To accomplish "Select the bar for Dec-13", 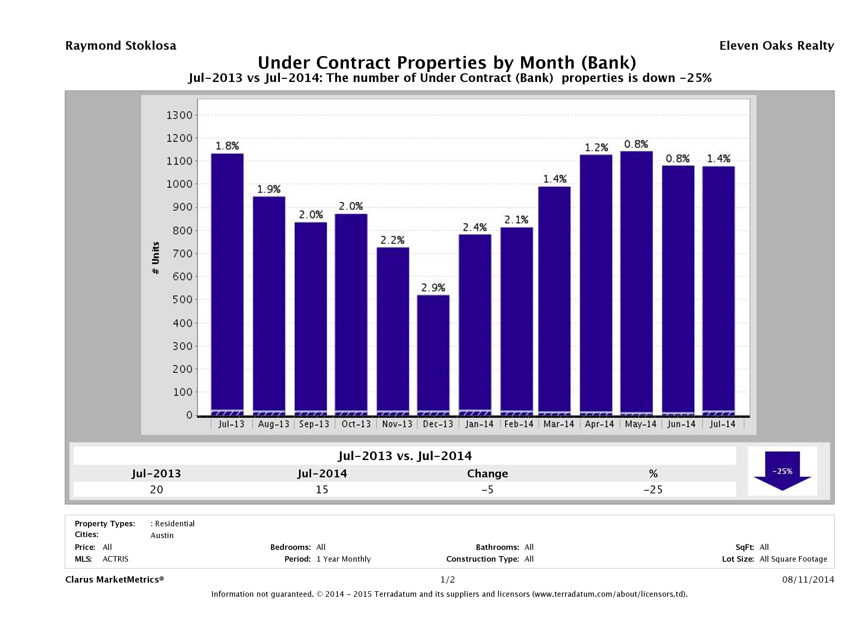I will [433, 355].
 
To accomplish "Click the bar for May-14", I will [636, 283].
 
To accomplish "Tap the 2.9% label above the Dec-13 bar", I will [433, 288].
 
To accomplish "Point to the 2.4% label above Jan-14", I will [475, 228].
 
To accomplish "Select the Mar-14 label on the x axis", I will [559, 424].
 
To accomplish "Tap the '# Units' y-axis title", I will [156, 258].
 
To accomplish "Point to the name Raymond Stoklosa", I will [121, 46].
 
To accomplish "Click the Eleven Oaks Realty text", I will [776, 46].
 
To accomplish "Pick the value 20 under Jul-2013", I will [157, 489].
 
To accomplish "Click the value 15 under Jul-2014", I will [322, 489].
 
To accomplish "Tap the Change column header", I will [488, 474].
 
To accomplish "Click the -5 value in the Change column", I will [488, 489].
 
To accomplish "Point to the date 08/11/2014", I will [808, 579].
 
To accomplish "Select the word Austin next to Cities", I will [162, 535].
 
